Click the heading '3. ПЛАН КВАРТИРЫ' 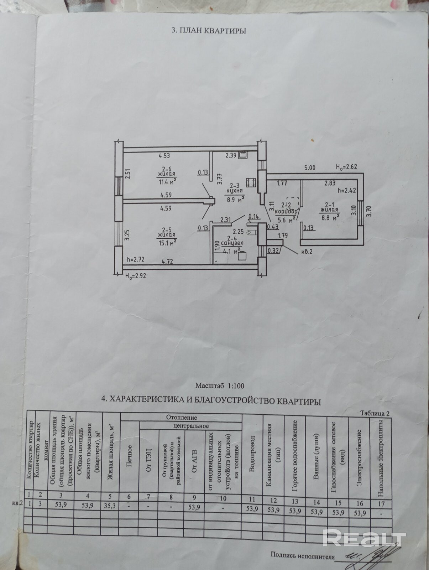tap(209, 31)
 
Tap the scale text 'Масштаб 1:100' tap(220, 385)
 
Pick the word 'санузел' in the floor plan tap(232, 243)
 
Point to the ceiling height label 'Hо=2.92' tap(136, 275)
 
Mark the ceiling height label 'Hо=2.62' tap(347, 167)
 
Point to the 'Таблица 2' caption tap(375, 413)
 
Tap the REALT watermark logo tap(364, 537)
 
